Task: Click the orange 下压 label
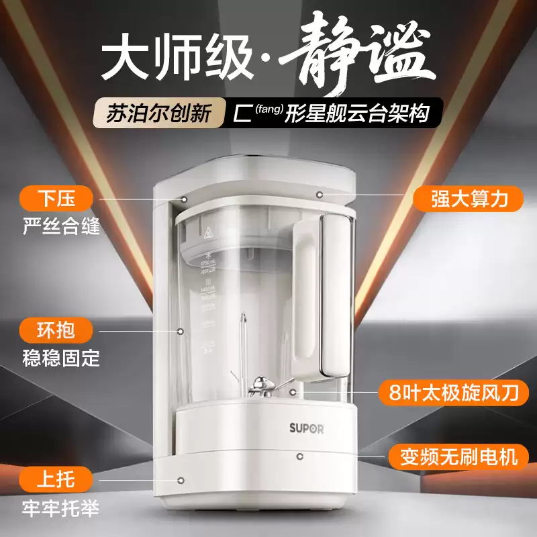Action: (56, 200)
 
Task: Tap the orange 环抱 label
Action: (56, 330)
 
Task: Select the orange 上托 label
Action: (56, 479)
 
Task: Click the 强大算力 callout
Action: (468, 199)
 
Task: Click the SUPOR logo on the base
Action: (306, 428)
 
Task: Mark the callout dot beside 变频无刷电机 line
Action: (298, 456)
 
